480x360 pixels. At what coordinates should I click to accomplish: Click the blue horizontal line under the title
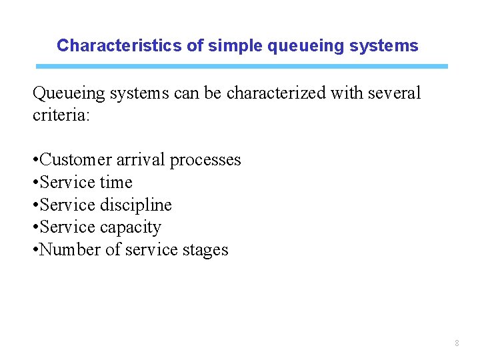tap(241, 67)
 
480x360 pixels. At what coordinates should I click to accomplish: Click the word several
tap(395, 93)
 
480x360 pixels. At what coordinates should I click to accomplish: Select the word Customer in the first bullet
tap(75, 160)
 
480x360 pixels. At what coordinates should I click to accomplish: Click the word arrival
tap(141, 160)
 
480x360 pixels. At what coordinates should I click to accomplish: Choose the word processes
tap(205, 160)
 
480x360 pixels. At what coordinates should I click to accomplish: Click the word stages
tap(205, 250)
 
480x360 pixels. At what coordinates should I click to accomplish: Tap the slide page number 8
tap(457, 343)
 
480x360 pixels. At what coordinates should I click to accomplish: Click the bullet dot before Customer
tap(35, 161)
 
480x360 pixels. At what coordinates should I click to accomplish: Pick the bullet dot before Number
tap(35, 251)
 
